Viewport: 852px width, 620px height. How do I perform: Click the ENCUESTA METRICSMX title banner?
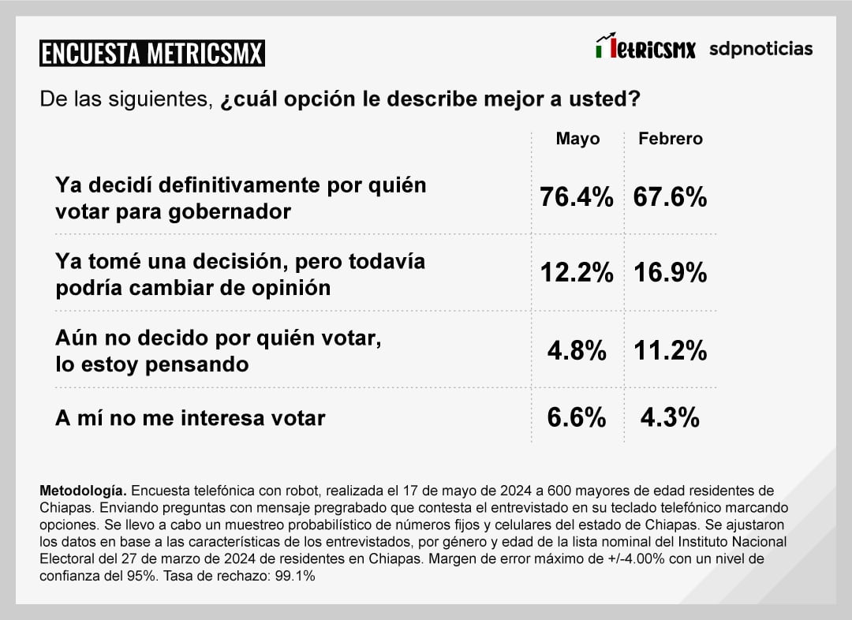click(152, 53)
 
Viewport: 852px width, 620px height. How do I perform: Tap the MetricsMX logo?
click(645, 48)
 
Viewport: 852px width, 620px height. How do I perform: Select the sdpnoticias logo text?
click(760, 49)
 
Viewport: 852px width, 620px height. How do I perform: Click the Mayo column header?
click(577, 139)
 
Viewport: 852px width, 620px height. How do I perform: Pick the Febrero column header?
click(670, 139)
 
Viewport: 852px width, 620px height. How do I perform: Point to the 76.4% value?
click(576, 197)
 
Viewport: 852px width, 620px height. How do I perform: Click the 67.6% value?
click(670, 197)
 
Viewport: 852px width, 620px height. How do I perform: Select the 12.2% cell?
click(576, 273)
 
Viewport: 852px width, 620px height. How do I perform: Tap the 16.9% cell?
click(670, 273)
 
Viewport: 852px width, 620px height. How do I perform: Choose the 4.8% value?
click(577, 350)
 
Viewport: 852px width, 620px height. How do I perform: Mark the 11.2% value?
click(670, 350)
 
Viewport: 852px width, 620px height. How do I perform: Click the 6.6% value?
click(577, 417)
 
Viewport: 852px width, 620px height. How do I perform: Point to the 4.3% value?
click(670, 417)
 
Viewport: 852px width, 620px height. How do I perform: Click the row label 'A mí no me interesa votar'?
click(190, 418)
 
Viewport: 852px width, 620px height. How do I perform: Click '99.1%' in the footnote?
click(294, 577)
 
